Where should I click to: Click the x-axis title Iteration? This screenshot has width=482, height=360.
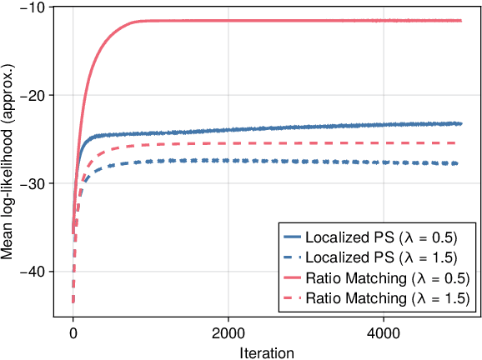pos(267,352)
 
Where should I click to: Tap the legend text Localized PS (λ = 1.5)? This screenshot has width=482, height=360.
pos(387,257)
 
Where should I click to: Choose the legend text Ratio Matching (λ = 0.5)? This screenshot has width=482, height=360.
pos(387,278)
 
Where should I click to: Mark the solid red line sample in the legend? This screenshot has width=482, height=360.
pos(291,278)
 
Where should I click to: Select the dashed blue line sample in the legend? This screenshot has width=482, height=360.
pos(291,257)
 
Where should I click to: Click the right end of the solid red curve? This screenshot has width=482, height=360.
pos(460,20)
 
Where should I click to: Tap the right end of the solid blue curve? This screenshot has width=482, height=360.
pos(460,123)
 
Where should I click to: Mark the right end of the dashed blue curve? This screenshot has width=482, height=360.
pos(457,163)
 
